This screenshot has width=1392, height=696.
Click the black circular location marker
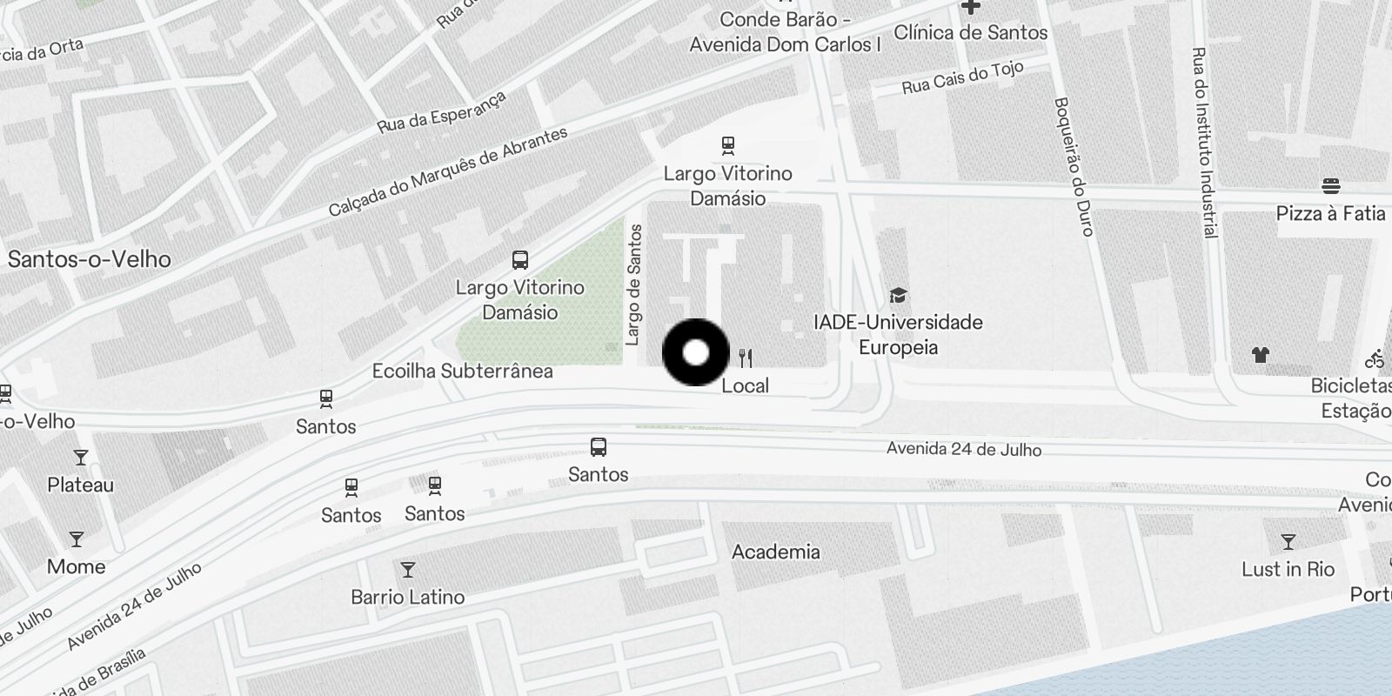pos(696,352)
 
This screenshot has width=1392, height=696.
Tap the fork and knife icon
pos(746,358)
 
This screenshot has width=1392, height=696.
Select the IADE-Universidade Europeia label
pos(898,335)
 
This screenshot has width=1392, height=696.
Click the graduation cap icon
pos(898,296)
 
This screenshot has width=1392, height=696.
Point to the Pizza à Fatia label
pos(1330,213)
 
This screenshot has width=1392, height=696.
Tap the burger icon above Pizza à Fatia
pos(1330,185)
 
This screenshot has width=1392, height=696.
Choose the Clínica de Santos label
pos(970,33)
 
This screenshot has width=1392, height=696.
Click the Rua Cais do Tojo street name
pos(962,78)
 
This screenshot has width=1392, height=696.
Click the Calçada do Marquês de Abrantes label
pos(448,171)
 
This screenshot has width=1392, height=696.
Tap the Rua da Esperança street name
pos(441,113)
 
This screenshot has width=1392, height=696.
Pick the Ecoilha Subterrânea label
pos(462,371)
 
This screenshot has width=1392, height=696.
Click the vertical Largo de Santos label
pos(634,284)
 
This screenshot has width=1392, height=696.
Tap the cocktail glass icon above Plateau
pos(81,458)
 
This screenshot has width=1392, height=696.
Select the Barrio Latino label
pos(407,597)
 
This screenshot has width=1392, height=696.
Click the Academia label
pos(775,552)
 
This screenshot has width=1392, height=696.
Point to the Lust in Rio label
pos(1288,570)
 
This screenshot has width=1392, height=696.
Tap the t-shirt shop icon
pos(1261,354)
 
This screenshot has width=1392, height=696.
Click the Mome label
pos(77,566)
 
